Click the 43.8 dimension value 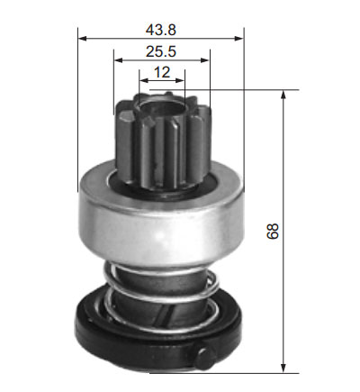click(x=161, y=30)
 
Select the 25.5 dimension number click(x=161, y=51)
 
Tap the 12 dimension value click(x=162, y=72)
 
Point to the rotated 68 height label click(x=273, y=231)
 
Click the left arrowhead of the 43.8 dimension click(x=82, y=39)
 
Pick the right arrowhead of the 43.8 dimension click(x=239, y=39)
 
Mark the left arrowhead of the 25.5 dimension click(x=119, y=60)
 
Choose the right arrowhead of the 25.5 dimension click(x=205, y=60)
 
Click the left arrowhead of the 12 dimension click(x=144, y=80)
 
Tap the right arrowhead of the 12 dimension click(x=180, y=80)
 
